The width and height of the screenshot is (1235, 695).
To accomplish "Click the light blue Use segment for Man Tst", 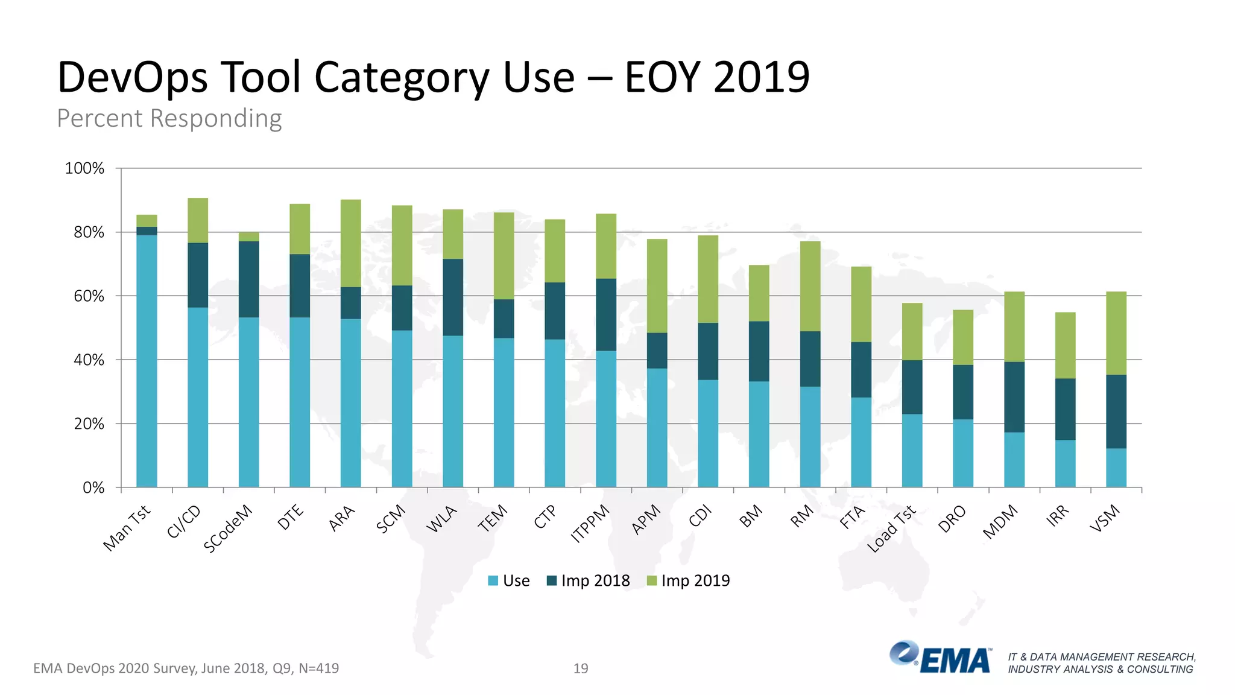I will [x=147, y=362].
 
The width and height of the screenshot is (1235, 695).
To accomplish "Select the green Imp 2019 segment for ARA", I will [x=350, y=243].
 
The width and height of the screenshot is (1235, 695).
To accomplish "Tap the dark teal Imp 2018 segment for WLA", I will [x=453, y=297].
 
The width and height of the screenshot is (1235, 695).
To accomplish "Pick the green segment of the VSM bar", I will [x=1116, y=333].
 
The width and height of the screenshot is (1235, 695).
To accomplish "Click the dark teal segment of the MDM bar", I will [x=1014, y=396].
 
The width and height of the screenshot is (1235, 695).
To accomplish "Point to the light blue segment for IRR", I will [x=1065, y=463].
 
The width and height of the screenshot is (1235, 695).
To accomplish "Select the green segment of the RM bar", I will [x=810, y=286].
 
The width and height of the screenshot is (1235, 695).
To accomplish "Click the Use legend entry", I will [x=509, y=580].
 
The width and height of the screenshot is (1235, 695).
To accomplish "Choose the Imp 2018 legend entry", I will [x=588, y=580].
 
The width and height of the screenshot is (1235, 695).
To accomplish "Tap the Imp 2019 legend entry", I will [x=688, y=580].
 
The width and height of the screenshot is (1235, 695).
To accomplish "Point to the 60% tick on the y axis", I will [x=89, y=296].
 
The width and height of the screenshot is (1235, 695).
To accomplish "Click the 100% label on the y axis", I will [x=84, y=168].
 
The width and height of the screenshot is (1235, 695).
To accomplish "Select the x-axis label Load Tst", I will [x=891, y=529].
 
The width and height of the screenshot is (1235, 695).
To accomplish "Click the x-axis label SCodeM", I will [x=228, y=528].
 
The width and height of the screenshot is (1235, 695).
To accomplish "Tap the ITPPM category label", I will [x=590, y=524].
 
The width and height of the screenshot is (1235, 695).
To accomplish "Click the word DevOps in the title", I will [x=133, y=77].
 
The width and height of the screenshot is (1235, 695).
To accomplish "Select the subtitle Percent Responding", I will [x=169, y=118].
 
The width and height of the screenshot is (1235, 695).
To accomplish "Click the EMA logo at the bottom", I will [x=941, y=658].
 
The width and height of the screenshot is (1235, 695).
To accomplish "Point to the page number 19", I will [x=580, y=668].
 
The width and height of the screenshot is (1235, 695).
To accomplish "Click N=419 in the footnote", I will [x=318, y=668].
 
